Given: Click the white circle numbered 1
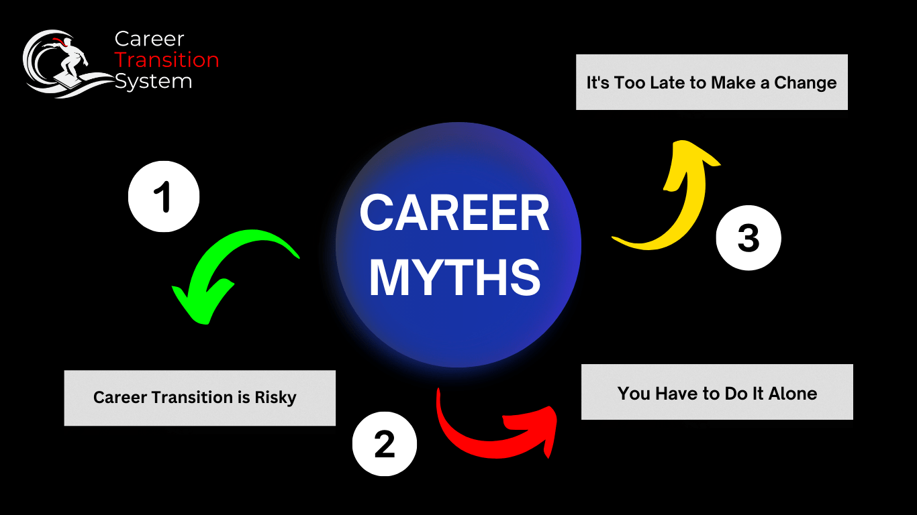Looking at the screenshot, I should point(164,197).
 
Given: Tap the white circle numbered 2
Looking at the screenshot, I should point(385,444).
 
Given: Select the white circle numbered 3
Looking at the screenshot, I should point(749,237).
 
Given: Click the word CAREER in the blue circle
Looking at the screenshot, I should point(455,214).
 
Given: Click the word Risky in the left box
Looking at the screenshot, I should point(275,397).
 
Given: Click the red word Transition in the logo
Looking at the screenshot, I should point(166,60).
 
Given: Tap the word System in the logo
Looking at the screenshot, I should point(153,81).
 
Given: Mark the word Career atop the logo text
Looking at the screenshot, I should point(149,39).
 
